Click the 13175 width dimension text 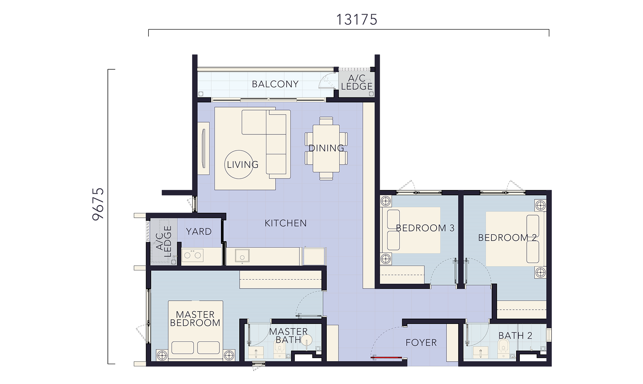click(x=356, y=20)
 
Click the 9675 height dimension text click(x=98, y=204)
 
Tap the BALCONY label click(x=275, y=84)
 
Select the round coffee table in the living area click(x=239, y=164)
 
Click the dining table click(x=326, y=148)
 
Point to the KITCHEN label click(x=285, y=223)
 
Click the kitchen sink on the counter click(x=242, y=255)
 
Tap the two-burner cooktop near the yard click(x=193, y=255)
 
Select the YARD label click(x=199, y=231)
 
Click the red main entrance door click(x=387, y=358)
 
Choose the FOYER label click(x=421, y=343)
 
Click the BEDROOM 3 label click(x=425, y=228)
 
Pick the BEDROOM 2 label click(x=507, y=238)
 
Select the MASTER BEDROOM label click(x=195, y=319)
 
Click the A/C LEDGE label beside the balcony click(x=357, y=82)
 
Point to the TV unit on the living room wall click(x=204, y=148)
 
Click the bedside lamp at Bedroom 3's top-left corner click(x=386, y=201)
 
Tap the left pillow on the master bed click(x=182, y=348)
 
